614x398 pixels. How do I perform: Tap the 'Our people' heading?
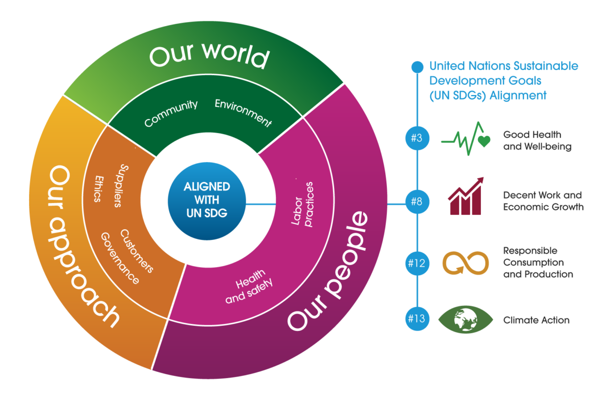pyautogui.click(x=328, y=271)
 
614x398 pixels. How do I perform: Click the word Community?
pyautogui.click(x=171, y=114)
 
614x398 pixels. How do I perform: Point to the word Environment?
pyautogui.click(x=243, y=112)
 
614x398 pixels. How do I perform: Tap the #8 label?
pyautogui.click(x=416, y=201)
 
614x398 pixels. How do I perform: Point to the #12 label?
pyautogui.click(x=416, y=263)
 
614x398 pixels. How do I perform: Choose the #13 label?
pyautogui.click(x=416, y=319)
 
